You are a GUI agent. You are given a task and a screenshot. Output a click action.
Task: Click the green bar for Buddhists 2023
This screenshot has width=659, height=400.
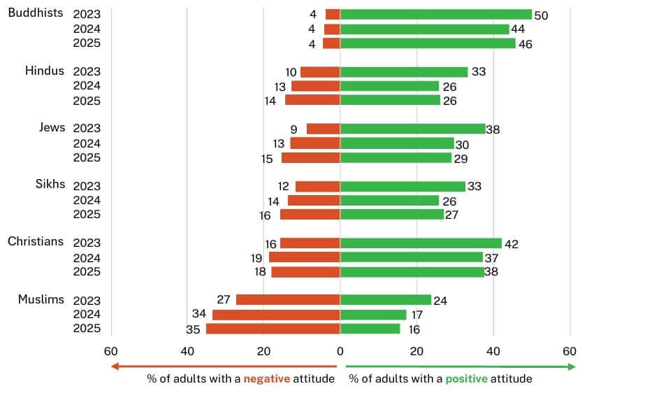(x=436, y=14)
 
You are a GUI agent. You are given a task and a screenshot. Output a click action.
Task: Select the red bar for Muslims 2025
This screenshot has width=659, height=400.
(x=273, y=329)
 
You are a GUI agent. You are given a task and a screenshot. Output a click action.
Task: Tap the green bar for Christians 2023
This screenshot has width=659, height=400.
(x=421, y=243)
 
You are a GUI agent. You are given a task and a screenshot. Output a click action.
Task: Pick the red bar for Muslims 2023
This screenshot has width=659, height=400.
(x=288, y=300)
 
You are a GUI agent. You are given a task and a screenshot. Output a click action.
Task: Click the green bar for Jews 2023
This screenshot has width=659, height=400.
(x=413, y=129)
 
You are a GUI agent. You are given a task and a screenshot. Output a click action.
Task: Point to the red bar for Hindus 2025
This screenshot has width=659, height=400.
(x=312, y=100)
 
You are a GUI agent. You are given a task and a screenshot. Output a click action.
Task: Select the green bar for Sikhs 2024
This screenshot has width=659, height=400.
(x=389, y=200)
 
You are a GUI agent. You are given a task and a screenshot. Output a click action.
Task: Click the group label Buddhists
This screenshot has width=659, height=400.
(x=36, y=13)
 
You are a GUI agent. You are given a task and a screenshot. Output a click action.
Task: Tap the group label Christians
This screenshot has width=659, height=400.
(x=36, y=241)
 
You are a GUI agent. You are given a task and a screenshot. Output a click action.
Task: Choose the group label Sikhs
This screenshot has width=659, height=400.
(x=50, y=184)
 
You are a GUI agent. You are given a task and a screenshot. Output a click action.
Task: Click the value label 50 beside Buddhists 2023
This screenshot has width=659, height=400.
(x=541, y=15)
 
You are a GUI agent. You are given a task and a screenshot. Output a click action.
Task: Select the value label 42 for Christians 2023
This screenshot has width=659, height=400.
(x=512, y=244)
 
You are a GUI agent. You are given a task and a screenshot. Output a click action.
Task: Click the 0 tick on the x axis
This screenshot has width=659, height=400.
(x=340, y=351)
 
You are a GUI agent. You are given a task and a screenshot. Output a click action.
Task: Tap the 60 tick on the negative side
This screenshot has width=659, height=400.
(x=110, y=351)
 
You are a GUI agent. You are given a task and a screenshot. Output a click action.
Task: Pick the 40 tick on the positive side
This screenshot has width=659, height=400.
(x=493, y=351)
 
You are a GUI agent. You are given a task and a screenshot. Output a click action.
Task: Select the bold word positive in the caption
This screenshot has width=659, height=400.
(x=468, y=379)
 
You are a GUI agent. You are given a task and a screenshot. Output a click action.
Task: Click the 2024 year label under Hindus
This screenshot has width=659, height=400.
(x=87, y=86)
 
